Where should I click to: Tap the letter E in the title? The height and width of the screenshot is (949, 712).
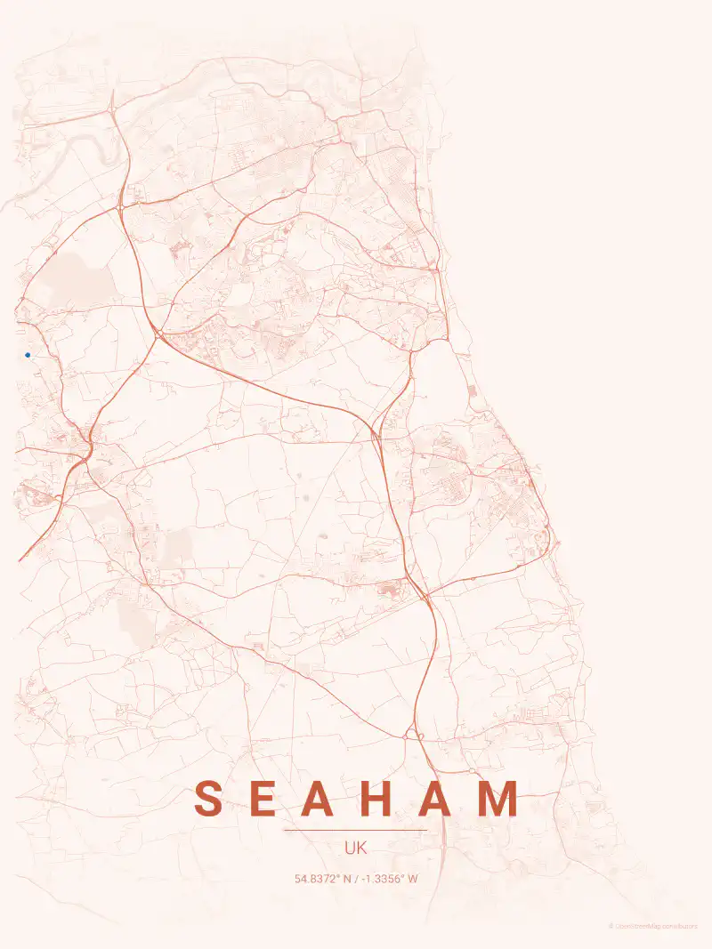click(264, 799)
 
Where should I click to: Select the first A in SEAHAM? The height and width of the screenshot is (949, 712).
click(323, 799)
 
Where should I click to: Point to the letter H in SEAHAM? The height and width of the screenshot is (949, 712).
click(384, 799)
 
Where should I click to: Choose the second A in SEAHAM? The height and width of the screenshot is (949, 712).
click(442, 799)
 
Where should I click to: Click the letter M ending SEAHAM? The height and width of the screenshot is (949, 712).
click(500, 799)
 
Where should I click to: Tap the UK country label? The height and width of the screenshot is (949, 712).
click(355, 848)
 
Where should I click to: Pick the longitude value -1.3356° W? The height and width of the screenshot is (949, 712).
click(388, 879)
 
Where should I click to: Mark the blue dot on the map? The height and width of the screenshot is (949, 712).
click(28, 355)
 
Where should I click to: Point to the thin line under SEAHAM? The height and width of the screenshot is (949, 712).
click(355, 830)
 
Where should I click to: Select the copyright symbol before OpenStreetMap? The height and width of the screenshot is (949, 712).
click(611, 926)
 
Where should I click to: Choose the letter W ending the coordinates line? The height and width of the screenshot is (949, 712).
click(413, 879)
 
